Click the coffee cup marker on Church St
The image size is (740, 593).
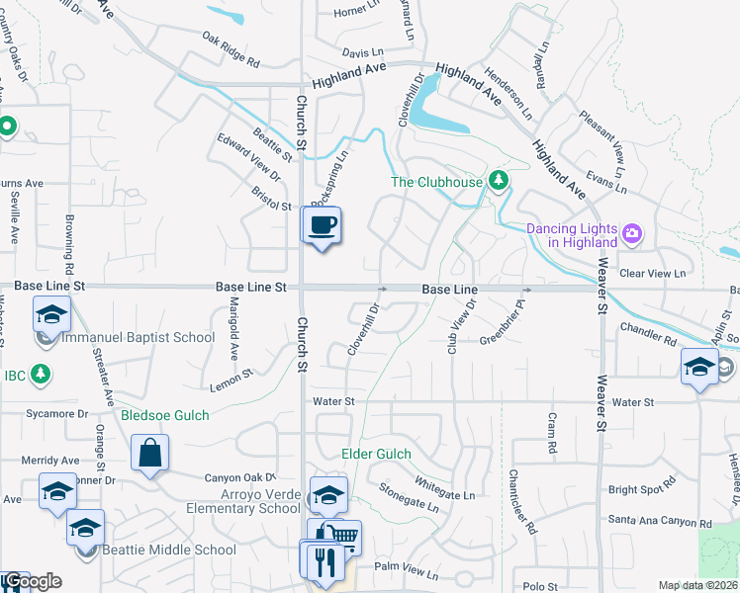click(x=322, y=225)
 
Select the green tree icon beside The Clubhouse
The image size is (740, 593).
click(x=500, y=180)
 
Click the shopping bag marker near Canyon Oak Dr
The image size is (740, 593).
click(x=149, y=454)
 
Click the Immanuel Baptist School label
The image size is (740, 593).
click(x=138, y=337)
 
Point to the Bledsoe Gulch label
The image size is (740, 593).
click(x=165, y=415)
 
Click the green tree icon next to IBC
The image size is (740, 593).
click(x=41, y=374)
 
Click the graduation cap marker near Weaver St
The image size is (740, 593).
click(x=700, y=368)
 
